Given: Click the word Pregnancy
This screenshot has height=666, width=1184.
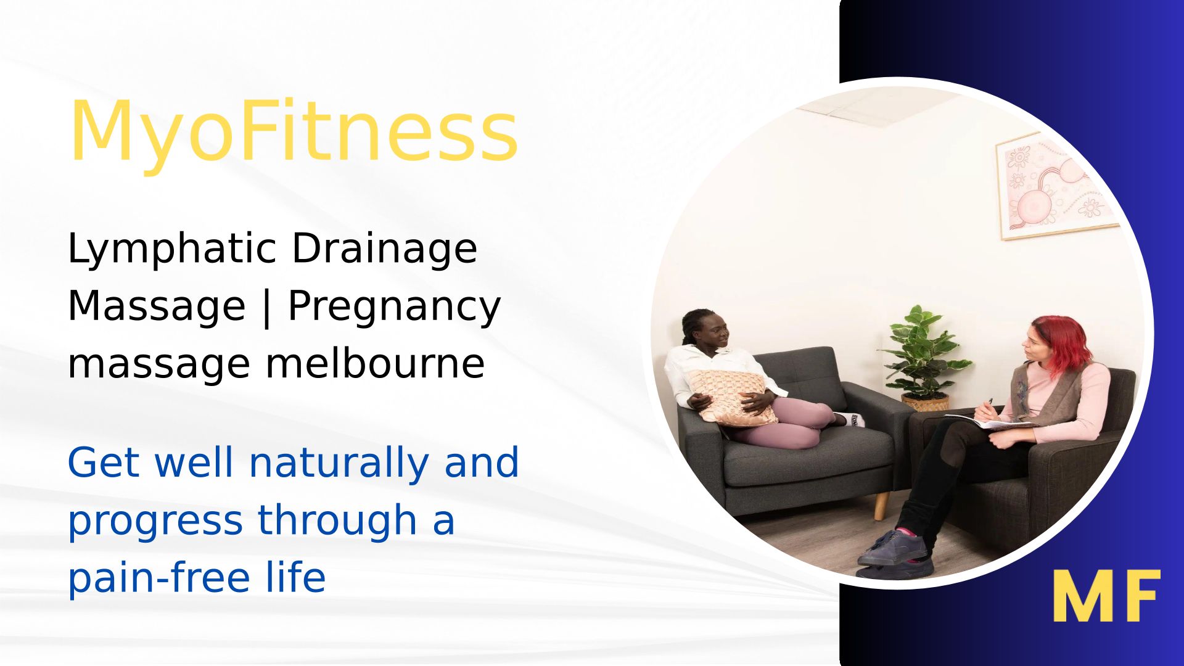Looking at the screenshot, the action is click(394, 308).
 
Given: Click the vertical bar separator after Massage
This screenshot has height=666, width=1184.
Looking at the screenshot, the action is click(266, 306).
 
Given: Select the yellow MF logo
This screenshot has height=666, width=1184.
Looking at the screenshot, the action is click(1106, 595).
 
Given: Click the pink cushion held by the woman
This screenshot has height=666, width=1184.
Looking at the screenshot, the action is click(733, 398).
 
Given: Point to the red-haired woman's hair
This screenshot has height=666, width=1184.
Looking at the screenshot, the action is click(1062, 344).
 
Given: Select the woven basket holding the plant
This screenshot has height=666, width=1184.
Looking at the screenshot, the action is click(925, 403).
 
